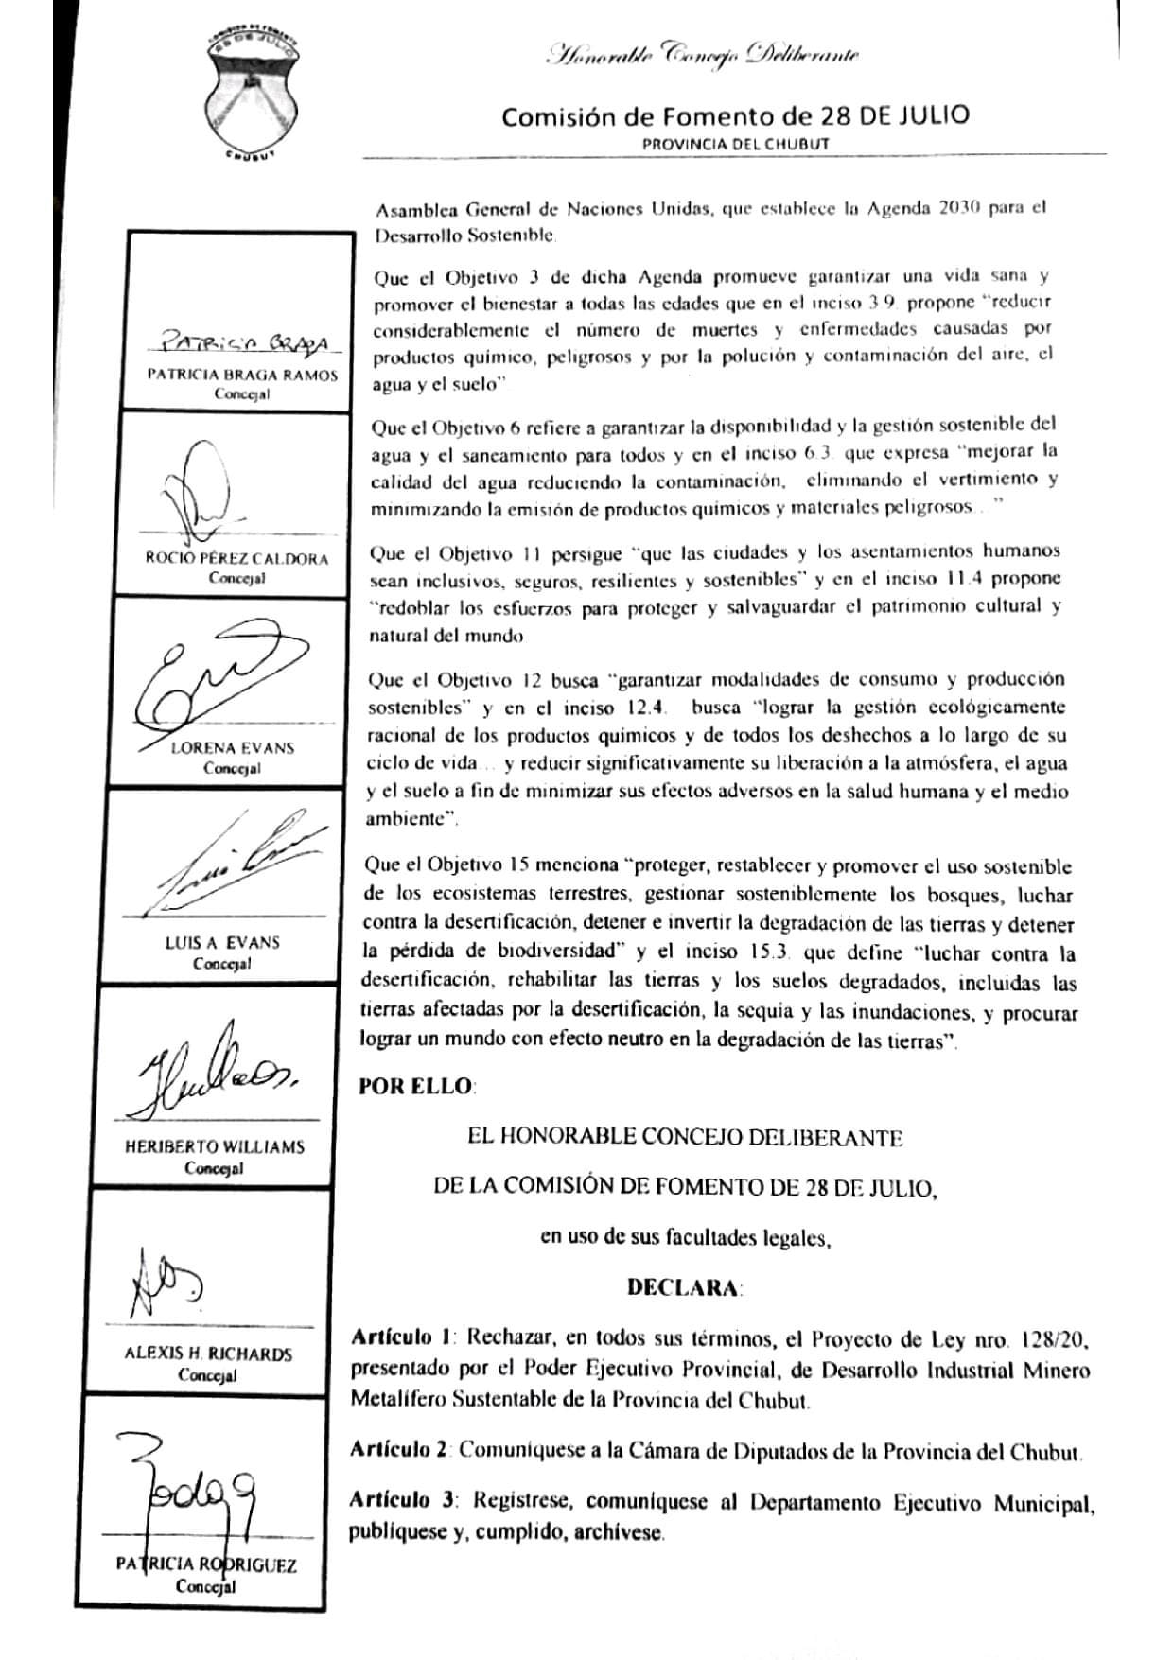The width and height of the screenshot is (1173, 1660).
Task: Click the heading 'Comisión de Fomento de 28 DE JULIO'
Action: tap(735, 116)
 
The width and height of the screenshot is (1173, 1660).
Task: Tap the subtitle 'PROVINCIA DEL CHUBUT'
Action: tap(735, 144)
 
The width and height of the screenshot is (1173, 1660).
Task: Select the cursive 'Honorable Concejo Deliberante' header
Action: tap(702, 55)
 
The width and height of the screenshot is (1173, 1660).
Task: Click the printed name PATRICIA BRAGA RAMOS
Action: tap(242, 375)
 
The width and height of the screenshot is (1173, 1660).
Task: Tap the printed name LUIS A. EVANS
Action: tap(222, 942)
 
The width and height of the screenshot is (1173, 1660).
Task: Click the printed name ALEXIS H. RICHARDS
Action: tap(208, 1354)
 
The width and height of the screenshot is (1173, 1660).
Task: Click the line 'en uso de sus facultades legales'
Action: tap(685, 1237)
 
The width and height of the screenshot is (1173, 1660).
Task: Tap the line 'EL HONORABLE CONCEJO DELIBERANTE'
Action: tap(685, 1137)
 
